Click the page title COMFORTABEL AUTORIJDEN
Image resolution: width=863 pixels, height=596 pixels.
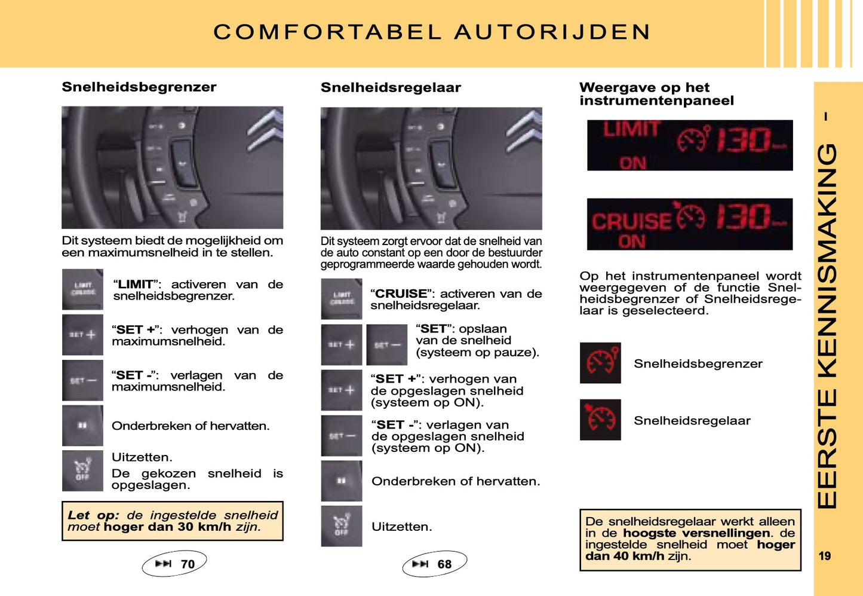(x=432, y=32)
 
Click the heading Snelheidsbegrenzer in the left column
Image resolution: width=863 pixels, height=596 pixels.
(x=139, y=87)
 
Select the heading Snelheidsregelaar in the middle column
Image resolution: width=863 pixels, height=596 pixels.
(x=391, y=88)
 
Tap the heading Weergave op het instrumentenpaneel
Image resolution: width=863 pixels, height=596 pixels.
(x=656, y=94)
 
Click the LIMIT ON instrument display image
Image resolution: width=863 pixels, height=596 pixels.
(x=690, y=145)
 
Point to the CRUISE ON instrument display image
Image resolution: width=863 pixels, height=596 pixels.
(x=690, y=224)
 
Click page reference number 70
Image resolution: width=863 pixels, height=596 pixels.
(x=187, y=564)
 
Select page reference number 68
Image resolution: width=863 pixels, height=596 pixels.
(x=444, y=564)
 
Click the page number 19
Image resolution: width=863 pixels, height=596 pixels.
(x=825, y=556)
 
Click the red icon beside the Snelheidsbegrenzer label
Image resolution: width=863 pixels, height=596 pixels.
(x=600, y=363)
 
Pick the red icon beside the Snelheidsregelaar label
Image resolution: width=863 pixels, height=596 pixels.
(x=600, y=420)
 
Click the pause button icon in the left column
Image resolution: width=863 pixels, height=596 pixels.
(x=82, y=426)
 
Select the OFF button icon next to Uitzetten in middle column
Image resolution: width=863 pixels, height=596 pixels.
(x=342, y=526)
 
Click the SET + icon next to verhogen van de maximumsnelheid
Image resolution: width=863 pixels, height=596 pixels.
(x=82, y=335)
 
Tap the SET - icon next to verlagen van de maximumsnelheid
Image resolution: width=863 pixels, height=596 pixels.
(x=82, y=380)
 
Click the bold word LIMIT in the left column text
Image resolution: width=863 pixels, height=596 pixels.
(x=136, y=285)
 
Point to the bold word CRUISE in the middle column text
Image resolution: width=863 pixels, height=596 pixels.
(x=401, y=294)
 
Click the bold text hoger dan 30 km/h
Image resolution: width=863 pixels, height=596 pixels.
(x=167, y=527)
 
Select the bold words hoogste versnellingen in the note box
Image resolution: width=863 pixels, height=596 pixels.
(x=696, y=533)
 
